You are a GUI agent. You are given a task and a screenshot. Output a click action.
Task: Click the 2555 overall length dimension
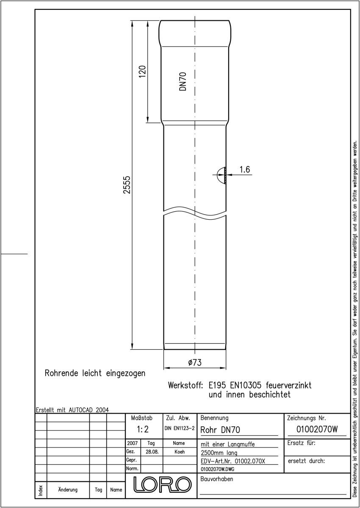click(127, 185)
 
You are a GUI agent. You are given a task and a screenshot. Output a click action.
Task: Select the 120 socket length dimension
click(142, 72)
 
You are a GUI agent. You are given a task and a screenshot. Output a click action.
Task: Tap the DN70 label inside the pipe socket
click(183, 81)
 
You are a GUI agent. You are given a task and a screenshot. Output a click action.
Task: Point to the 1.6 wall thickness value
click(245, 169)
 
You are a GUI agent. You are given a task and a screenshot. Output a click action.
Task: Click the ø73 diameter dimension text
click(195, 362)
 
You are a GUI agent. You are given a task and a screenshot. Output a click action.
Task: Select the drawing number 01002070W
click(317, 429)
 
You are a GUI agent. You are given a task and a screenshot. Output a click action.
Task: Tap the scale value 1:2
click(143, 429)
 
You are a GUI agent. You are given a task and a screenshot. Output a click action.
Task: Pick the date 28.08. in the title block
click(152, 452)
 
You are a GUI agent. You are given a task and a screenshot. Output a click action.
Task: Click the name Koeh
click(180, 452)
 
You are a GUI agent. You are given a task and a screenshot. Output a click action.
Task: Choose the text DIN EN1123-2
click(180, 428)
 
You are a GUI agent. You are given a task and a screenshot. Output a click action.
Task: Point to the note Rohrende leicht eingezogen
click(95, 373)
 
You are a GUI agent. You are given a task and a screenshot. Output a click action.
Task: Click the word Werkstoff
click(185, 385)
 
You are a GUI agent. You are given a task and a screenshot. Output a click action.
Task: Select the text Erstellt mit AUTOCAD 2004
click(72, 410)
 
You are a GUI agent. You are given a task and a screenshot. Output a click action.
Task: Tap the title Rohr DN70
click(220, 430)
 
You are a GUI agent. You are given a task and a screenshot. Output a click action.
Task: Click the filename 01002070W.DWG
click(218, 469)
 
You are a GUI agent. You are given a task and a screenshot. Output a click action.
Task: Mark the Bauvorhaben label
click(216, 479)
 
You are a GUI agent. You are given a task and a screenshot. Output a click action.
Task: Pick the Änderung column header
click(68, 490)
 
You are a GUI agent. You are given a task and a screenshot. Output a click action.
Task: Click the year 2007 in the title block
click(133, 443)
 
